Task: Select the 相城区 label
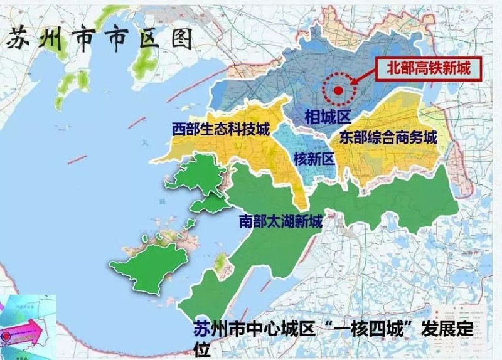pyautogui.click(x=327, y=116)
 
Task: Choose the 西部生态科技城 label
pyautogui.click(x=220, y=130)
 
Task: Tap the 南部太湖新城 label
pyautogui.click(x=280, y=221)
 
